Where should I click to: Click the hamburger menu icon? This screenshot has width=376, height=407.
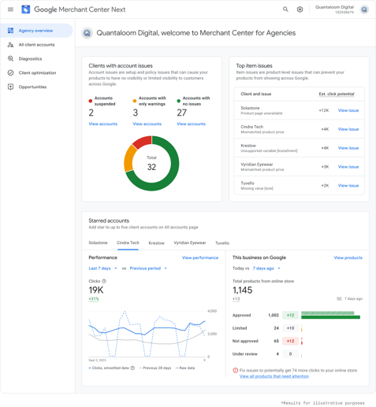[10, 9]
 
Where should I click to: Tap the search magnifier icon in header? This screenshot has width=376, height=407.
[285, 9]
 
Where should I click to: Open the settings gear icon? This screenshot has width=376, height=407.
[300, 9]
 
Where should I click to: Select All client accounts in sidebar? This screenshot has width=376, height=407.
[36, 45]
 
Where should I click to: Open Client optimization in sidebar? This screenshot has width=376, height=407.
[37, 72]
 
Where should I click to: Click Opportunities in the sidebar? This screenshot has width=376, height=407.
[32, 87]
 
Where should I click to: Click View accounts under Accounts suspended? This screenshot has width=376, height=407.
[102, 124]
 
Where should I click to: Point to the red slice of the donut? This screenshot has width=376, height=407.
[142, 142]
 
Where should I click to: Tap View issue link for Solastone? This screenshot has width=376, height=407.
[348, 110]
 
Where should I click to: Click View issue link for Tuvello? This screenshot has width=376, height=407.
[348, 186]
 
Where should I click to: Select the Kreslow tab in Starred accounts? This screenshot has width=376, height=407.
[156, 243]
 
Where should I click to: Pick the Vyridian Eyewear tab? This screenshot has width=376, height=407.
[189, 243]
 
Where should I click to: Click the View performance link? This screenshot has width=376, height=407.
[200, 257]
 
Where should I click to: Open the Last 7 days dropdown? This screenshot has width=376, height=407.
[102, 268]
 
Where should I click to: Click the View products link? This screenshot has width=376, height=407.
[348, 257]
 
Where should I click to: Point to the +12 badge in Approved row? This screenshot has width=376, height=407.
[290, 315]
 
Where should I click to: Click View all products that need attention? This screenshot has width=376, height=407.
[274, 376]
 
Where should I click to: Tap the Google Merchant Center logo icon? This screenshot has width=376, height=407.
[25, 9]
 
